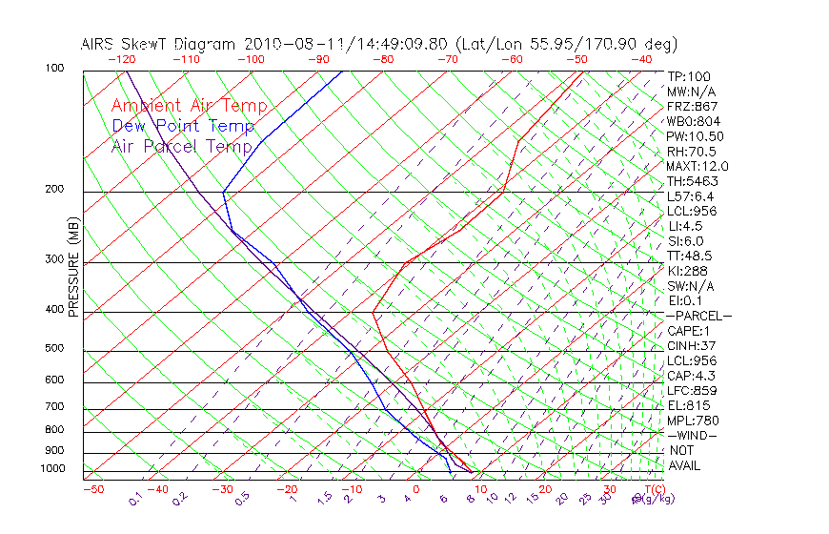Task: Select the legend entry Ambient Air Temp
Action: click(190, 106)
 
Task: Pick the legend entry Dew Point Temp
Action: click(183, 126)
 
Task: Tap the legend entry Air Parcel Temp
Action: click(182, 146)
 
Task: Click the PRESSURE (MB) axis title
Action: click(73, 267)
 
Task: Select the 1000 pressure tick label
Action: click(53, 469)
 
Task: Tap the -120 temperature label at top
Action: click(121, 59)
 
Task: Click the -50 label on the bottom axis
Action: click(93, 489)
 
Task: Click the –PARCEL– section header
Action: click(698, 316)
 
